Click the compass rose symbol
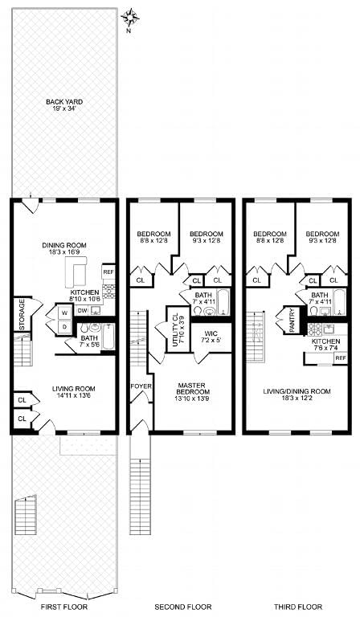click(x=130, y=18)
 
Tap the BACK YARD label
click(x=64, y=102)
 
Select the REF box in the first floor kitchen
click(x=108, y=272)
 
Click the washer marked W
click(x=64, y=313)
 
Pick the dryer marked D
click(x=64, y=327)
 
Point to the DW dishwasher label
click(x=82, y=310)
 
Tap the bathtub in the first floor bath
click(x=108, y=337)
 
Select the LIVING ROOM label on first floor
click(x=74, y=389)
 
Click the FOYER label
click(x=141, y=386)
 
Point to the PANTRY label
click(x=292, y=321)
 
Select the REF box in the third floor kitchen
click(x=341, y=358)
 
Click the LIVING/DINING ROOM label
click(x=297, y=391)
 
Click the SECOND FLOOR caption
click(x=183, y=607)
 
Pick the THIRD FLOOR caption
click(x=298, y=607)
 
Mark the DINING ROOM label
click(x=64, y=246)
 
